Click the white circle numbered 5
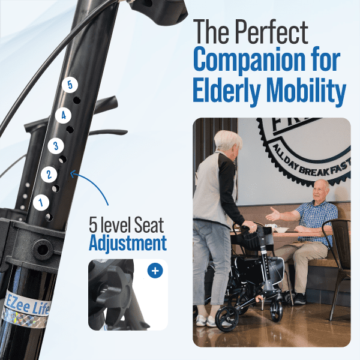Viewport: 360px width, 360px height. (x=70, y=85)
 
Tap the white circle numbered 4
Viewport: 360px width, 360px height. (x=63, y=115)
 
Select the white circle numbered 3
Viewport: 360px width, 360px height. (x=56, y=146)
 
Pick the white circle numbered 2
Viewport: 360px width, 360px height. (x=49, y=174)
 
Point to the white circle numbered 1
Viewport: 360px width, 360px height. (x=41, y=203)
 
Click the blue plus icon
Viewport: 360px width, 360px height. (x=155, y=271)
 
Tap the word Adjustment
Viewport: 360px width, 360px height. (x=128, y=244)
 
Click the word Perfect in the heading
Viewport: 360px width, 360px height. (x=271, y=32)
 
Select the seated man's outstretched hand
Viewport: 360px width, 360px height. (x=273, y=214)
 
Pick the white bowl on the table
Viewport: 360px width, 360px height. (x=282, y=230)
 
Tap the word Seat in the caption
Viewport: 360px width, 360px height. (x=149, y=225)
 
